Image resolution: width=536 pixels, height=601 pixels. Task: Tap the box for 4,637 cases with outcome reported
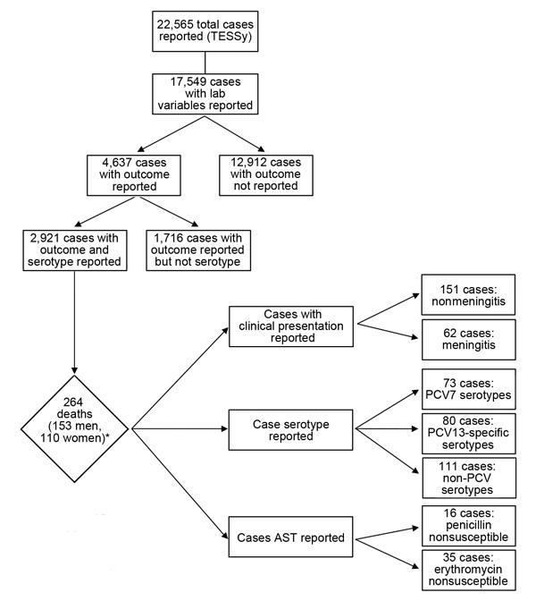pyautogui.click(x=134, y=175)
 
